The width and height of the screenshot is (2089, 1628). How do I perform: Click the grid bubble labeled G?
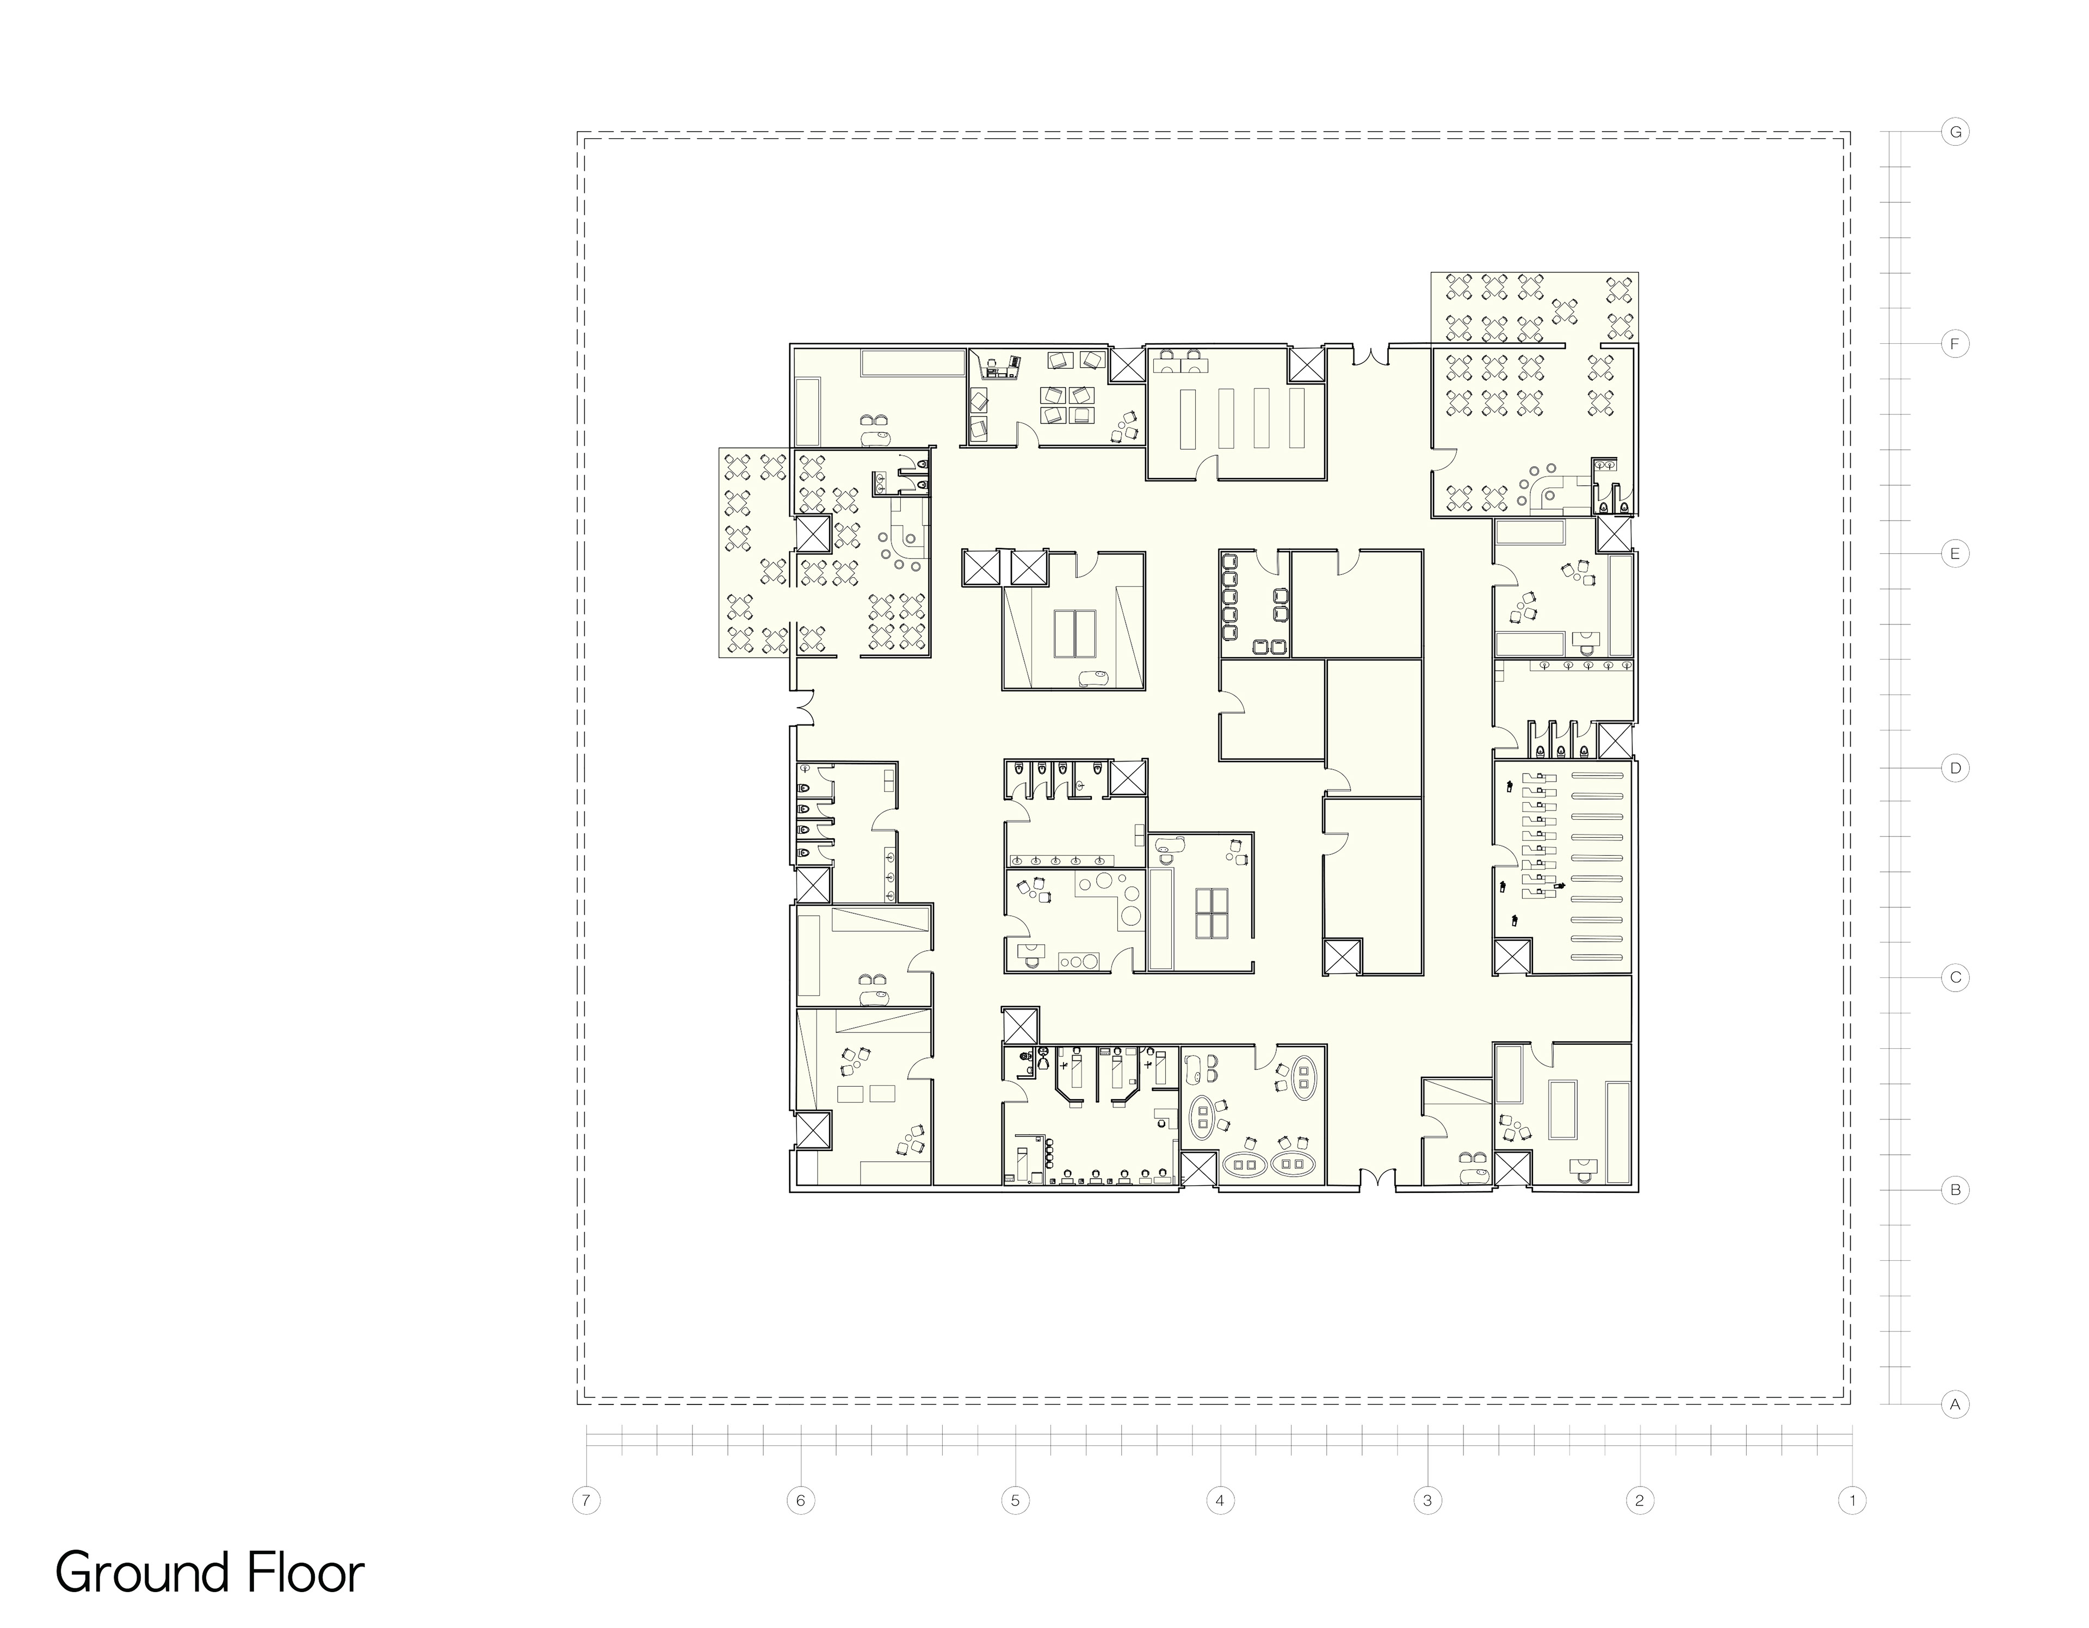(x=1955, y=132)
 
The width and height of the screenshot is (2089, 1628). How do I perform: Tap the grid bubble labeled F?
(x=1955, y=343)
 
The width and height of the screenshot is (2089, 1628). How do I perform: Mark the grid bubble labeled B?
(x=1955, y=1191)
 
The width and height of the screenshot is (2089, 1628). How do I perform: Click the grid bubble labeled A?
(x=1955, y=1405)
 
